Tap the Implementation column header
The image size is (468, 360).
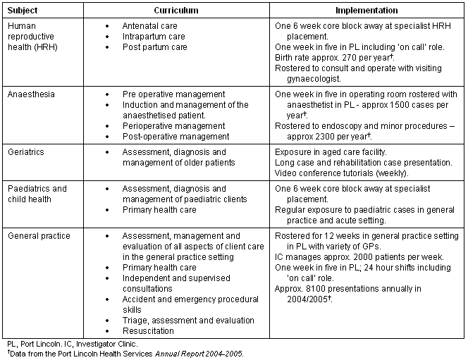coord(366,11)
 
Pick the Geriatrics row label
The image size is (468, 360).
coord(25,152)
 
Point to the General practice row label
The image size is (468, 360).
coord(39,236)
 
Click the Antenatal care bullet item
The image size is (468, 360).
coord(150,25)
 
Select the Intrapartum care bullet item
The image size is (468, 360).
coord(154,36)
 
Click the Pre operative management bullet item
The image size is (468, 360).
coord(173,94)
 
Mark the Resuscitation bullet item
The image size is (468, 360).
coord(148,331)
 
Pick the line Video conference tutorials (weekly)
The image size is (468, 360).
coord(343,173)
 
